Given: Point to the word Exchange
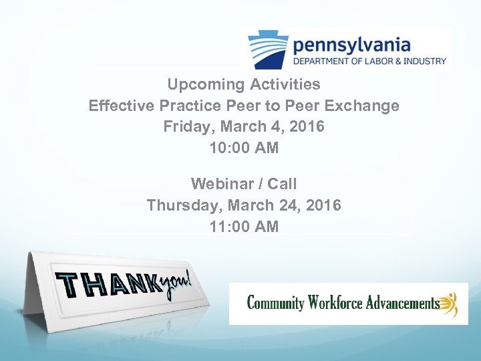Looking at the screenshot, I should tap(364, 106).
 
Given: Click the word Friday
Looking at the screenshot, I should tap(182, 127).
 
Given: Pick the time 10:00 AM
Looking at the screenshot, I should tap(244, 148).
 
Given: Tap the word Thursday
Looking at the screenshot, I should tap(179, 205).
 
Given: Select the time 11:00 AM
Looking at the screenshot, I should tap(244, 227).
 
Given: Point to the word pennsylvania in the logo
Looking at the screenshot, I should tap(351, 45).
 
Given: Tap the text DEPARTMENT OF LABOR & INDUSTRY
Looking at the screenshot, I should tap(369, 62).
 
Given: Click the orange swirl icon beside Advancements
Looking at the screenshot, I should tap(450, 304).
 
